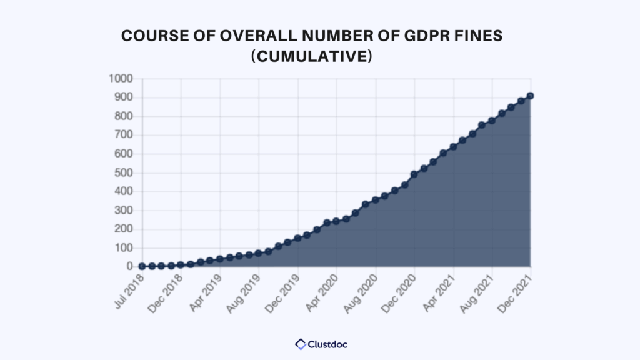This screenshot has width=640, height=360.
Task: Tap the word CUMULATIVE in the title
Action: pos(311,56)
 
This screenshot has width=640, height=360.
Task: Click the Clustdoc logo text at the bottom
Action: pos(327,344)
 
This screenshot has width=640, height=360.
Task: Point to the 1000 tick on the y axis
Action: pos(120,79)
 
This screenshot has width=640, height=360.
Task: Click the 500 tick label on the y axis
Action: pos(123,172)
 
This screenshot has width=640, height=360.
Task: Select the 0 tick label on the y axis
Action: pos(130,266)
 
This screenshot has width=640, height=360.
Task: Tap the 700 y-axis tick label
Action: pos(123,135)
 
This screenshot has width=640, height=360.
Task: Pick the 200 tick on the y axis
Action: pos(123,229)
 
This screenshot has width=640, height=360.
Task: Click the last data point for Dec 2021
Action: pos(530,96)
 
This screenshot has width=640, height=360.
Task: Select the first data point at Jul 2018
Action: pos(142,266)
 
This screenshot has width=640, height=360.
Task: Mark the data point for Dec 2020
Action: pos(414,174)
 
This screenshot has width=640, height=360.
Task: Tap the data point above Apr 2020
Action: pos(336,221)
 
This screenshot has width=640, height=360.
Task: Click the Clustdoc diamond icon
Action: pos(301,344)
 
